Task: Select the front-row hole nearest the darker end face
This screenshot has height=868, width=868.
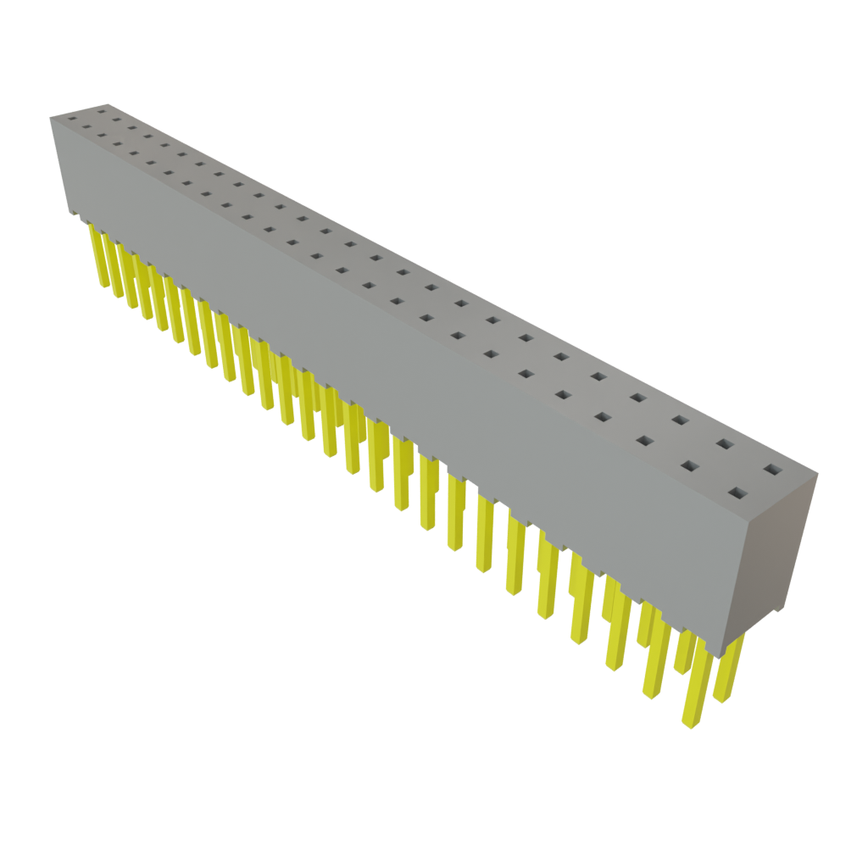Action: (738, 492)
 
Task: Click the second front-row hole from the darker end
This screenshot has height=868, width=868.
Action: (690, 465)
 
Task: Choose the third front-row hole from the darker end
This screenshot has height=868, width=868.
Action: (645, 440)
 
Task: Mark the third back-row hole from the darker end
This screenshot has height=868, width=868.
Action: (681, 420)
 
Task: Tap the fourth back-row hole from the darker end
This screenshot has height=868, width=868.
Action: (637, 397)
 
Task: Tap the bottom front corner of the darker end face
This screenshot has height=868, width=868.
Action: (723, 655)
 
